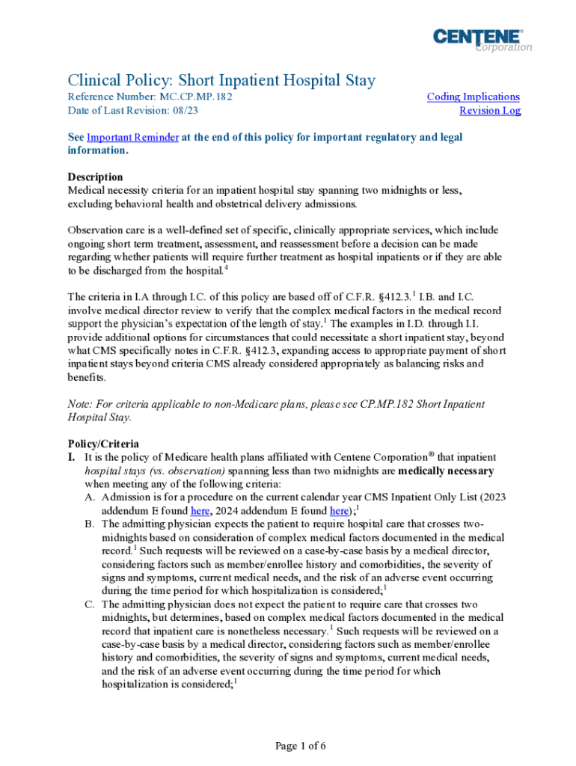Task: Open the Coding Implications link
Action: click(x=473, y=96)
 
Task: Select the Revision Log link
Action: click(x=489, y=111)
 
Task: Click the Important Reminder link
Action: click(x=132, y=138)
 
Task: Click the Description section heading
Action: click(x=95, y=177)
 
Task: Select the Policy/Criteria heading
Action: click(x=103, y=444)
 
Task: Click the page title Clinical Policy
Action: click(x=221, y=80)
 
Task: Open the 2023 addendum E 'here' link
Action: click(x=200, y=511)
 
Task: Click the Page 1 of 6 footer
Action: click(x=300, y=746)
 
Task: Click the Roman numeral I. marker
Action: click(x=73, y=457)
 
